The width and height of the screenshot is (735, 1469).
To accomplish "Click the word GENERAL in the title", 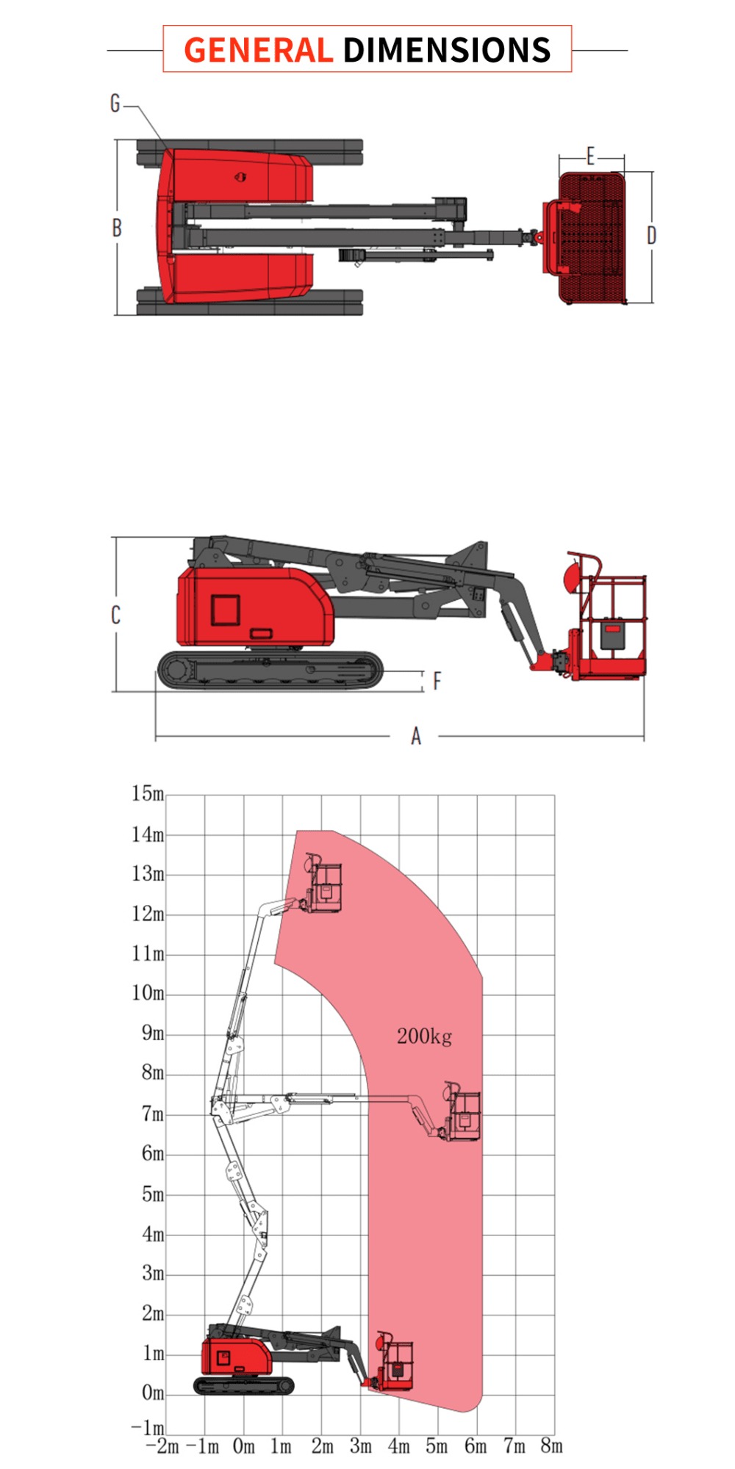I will point(258,50).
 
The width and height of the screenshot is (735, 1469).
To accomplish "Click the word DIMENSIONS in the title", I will point(446,50).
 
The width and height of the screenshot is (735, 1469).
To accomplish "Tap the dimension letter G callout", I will point(115,104).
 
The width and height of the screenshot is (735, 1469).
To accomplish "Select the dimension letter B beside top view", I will point(117,228).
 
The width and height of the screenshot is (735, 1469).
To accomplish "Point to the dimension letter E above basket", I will point(590,156).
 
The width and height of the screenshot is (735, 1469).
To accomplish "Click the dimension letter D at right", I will point(651,235).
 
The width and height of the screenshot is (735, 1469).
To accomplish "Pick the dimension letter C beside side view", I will point(115,615).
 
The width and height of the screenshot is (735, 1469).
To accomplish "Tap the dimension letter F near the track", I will point(437,681).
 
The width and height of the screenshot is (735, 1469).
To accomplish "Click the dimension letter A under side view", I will point(416,736).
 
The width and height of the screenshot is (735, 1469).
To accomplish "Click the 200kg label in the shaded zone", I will point(424,1036).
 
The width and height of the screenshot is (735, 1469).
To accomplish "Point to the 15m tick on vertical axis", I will point(148,793).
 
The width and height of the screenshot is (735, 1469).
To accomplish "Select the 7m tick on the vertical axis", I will point(153,1114).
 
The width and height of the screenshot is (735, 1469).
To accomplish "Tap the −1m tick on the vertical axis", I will point(148,1427).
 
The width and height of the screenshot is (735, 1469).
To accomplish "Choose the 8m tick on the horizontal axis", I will point(551,1446).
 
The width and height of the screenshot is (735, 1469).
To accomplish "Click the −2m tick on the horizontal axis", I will point(163,1446).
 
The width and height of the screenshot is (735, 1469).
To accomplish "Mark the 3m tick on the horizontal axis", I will point(360,1446).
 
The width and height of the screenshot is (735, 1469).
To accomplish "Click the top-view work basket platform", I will point(592,237).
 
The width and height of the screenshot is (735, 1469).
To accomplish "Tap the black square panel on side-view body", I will point(226,610).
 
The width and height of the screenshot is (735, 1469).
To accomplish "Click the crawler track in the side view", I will point(270,670).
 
